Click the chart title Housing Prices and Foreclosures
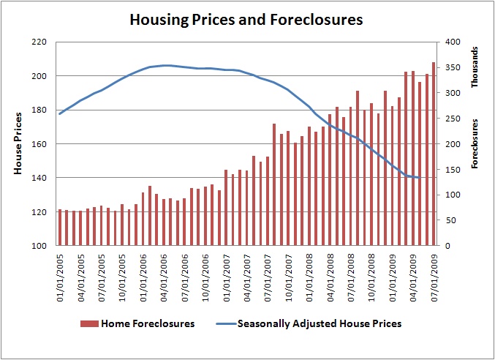coord(246,20)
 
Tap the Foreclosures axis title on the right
coord(475,144)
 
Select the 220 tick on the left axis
coord(39,42)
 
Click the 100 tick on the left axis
coord(39,246)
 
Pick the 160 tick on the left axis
coord(39,144)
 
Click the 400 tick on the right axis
coord(454,42)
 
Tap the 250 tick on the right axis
coord(454,119)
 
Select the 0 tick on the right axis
coord(447,246)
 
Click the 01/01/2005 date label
coord(61,271)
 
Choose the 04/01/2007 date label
coord(247,271)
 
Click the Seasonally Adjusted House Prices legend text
coord(320,323)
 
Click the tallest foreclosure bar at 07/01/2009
coord(434,154)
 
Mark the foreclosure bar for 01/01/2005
coord(60,228)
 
